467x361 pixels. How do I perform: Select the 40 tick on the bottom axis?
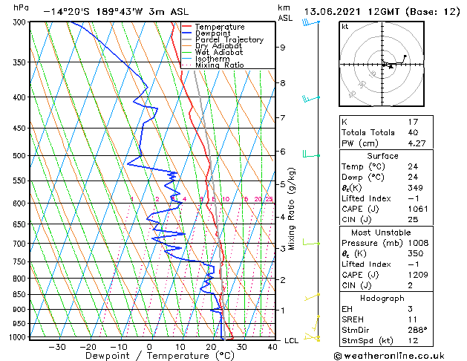pyautogui.click(x=272, y=346)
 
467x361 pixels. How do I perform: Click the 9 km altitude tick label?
pyautogui.click(x=283, y=48)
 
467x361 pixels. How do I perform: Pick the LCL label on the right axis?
pyautogui.click(x=292, y=340)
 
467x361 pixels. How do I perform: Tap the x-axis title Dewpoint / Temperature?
pyautogui.click(x=148, y=356)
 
